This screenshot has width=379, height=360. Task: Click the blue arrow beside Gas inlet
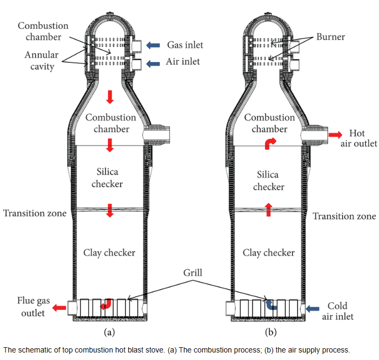coord(153,45)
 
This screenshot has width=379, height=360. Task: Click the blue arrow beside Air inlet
coord(153,64)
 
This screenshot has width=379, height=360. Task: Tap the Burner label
coord(330,37)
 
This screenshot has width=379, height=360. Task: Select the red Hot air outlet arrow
coord(335,135)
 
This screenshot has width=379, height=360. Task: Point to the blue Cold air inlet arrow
coord(313,309)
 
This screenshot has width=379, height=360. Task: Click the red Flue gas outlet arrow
coord(59,308)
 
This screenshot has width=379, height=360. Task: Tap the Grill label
coord(192,273)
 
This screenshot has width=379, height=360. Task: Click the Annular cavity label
coord(42,60)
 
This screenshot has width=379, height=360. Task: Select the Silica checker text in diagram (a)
coord(107,178)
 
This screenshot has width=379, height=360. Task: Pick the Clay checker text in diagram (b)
coord(269,253)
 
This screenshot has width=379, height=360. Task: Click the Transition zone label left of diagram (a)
coord(35,213)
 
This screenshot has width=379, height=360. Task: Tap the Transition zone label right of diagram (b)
coord(344,216)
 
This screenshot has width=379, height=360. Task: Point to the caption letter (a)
coord(110,332)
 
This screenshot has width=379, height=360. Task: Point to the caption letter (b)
coord(270,332)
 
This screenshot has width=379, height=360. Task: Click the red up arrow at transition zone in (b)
coord(268,209)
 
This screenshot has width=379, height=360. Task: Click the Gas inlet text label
coord(185,45)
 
